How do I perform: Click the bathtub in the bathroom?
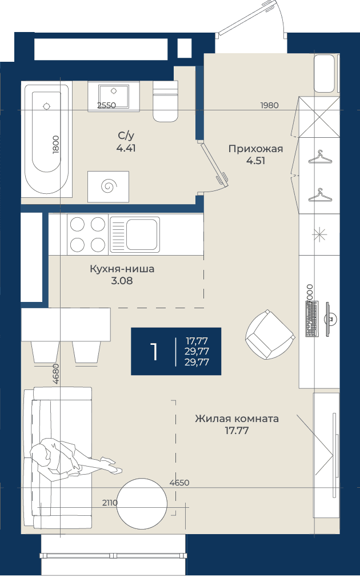point(47,139)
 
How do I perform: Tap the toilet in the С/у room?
point(165,101)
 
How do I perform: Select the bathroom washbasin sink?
point(114,97)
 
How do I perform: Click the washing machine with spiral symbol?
point(108,186)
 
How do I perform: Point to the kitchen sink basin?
point(142,234)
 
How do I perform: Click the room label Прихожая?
point(255,149)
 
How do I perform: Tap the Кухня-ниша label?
point(122,269)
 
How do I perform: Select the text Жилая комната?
point(237,419)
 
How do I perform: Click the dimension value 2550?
point(106,105)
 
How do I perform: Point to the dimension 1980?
point(270,105)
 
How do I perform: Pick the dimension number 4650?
point(179,483)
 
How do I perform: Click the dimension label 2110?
point(110,502)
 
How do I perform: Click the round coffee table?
point(142,503)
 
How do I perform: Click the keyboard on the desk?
point(311,319)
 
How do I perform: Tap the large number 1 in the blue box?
point(154,352)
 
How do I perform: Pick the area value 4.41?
point(126,148)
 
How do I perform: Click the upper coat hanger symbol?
point(319,157)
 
